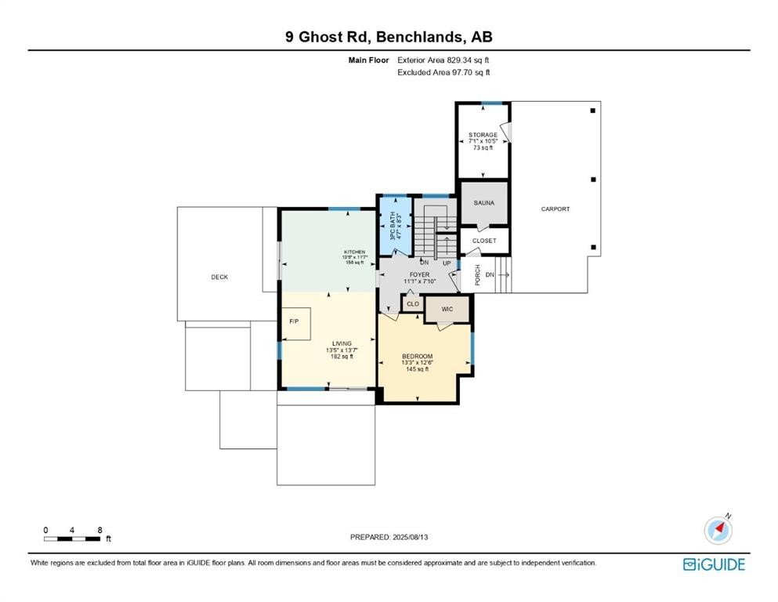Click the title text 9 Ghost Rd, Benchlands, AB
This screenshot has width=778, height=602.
(389, 36)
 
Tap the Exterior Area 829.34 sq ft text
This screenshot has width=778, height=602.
(444, 60)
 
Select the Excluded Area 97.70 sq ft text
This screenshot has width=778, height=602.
(444, 72)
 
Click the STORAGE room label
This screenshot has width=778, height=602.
(483, 135)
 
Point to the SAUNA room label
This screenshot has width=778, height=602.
(483, 203)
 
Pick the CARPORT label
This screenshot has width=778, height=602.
(555, 209)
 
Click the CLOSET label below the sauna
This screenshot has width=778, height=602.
(483, 241)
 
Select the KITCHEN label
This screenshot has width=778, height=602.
(353, 252)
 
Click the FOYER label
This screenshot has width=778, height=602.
(418, 275)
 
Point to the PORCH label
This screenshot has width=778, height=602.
(478, 275)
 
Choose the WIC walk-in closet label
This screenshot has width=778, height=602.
(447, 310)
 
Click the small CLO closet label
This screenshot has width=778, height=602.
(412, 303)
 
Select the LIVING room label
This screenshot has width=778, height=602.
(342, 343)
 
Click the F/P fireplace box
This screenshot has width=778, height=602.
(296, 323)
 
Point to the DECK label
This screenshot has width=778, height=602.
(219, 277)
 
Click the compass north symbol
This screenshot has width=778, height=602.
(718, 531)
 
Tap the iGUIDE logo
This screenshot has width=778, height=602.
(714, 564)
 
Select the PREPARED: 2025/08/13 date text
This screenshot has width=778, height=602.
(389, 537)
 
